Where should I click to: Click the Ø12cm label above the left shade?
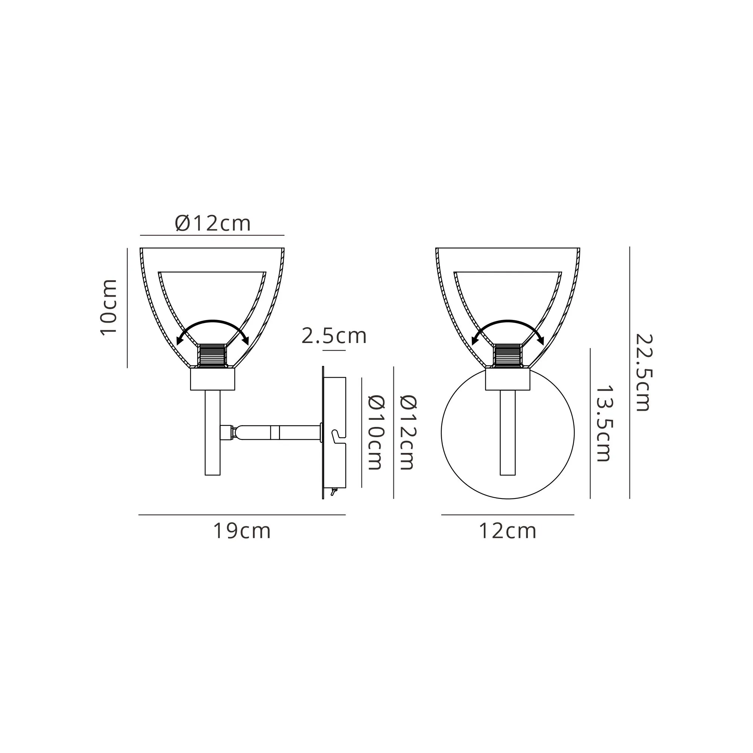click(212, 223)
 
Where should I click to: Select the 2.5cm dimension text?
click(334, 336)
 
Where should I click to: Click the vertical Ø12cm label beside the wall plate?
click(408, 432)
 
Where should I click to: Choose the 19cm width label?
click(242, 531)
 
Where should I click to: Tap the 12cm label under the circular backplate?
click(508, 531)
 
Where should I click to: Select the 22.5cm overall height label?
click(643, 373)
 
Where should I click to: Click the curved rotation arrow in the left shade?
click(212, 321)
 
